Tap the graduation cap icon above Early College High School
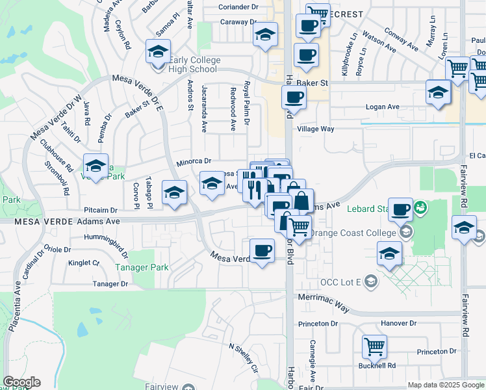pyautogui.click(x=158, y=51)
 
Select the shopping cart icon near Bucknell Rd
pyautogui.click(x=374, y=347)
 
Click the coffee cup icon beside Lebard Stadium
pyautogui.click(x=401, y=209)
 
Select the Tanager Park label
pyautogui.click(x=142, y=267)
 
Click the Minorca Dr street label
pyautogui.click(x=194, y=161)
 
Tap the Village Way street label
pyautogui.click(x=315, y=129)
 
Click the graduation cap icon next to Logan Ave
pyautogui.click(x=438, y=92)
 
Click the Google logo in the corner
pyautogui.click(x=21, y=382)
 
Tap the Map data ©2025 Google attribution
pyautogui.click(x=445, y=385)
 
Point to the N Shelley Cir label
pyautogui.click(x=244, y=358)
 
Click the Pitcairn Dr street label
pyautogui.click(x=100, y=211)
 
